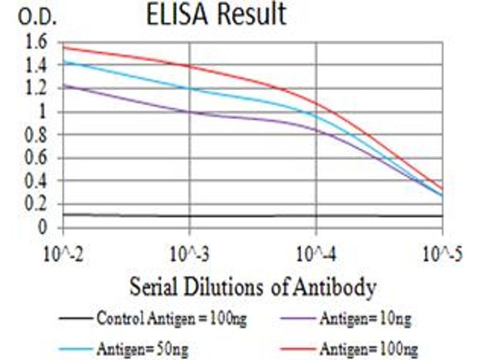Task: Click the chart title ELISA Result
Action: (x=217, y=16)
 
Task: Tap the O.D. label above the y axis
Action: (x=38, y=18)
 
